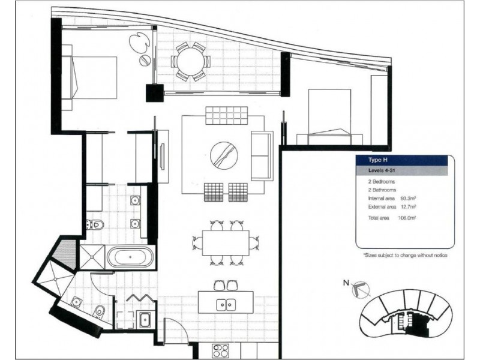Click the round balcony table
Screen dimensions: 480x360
click(x=191, y=62)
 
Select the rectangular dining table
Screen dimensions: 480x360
click(x=226, y=243)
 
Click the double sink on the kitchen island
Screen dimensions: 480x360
click(x=226, y=305)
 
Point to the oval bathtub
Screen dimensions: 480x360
click(x=130, y=257)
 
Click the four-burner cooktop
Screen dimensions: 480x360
click(x=220, y=350)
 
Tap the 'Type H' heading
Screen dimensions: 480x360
click(x=374, y=160)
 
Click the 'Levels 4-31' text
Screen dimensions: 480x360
click(x=379, y=170)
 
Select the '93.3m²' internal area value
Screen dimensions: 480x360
click(x=408, y=199)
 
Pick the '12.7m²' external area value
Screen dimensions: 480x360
click(x=408, y=206)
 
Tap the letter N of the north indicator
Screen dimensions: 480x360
click(x=346, y=283)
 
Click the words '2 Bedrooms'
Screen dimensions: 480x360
click(x=382, y=182)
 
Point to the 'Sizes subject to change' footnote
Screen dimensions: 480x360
click(x=406, y=256)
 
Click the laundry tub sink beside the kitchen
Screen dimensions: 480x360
click(x=143, y=320)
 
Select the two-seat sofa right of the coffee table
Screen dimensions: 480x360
click(x=262, y=156)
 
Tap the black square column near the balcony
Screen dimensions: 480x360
click(x=155, y=93)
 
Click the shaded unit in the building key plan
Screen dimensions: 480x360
click(x=415, y=323)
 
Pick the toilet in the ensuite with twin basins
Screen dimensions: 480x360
click(x=95, y=224)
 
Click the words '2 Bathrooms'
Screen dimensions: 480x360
click(x=382, y=190)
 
